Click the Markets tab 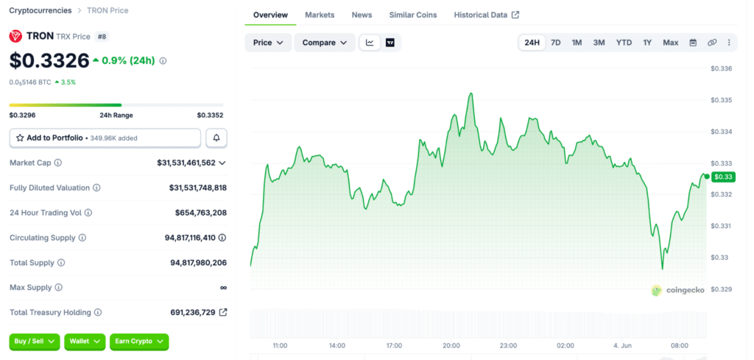point(320,15)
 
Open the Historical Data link point(486,15)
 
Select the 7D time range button point(555,43)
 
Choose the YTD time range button point(624,43)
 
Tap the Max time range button point(670,43)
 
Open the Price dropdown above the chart point(268,43)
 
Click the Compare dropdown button point(325,43)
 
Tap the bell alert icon point(216,138)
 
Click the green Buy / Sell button point(35,342)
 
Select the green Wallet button point(85,342)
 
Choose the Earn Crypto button point(139,342)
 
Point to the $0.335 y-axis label point(722,100)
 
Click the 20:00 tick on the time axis point(451,345)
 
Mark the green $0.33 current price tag point(723,177)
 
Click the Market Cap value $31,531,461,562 point(186,163)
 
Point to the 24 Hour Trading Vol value point(201,213)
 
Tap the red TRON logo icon point(16,36)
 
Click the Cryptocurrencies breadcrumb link point(40,10)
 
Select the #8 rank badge point(102,37)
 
